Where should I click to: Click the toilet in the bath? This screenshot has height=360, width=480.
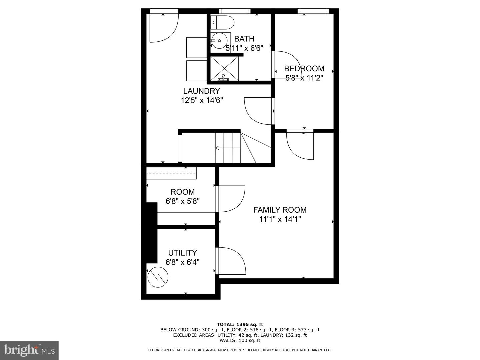[x=222, y=22]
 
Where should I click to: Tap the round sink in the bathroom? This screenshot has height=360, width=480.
[x=219, y=41]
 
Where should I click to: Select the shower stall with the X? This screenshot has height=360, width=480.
[x=224, y=68]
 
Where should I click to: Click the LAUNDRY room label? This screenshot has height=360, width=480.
[x=201, y=91]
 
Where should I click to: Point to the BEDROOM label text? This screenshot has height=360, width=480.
[x=304, y=69]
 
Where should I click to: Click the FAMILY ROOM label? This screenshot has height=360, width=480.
[x=280, y=210]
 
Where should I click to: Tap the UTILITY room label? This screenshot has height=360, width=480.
[x=182, y=253]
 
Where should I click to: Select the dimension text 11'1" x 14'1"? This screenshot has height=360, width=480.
[x=280, y=219]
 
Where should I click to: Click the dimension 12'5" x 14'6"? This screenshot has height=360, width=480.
[x=202, y=100]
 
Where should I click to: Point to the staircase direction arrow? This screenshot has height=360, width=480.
[x=228, y=148]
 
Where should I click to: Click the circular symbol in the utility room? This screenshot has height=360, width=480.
[x=158, y=277]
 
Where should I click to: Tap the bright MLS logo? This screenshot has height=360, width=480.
[x=29, y=350]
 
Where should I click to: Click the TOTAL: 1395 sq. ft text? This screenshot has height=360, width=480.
[x=240, y=324]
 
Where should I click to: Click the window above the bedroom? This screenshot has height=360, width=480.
[x=313, y=11]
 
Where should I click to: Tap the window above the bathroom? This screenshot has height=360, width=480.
[x=235, y=11]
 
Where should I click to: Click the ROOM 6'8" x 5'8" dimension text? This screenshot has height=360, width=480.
[x=183, y=201]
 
